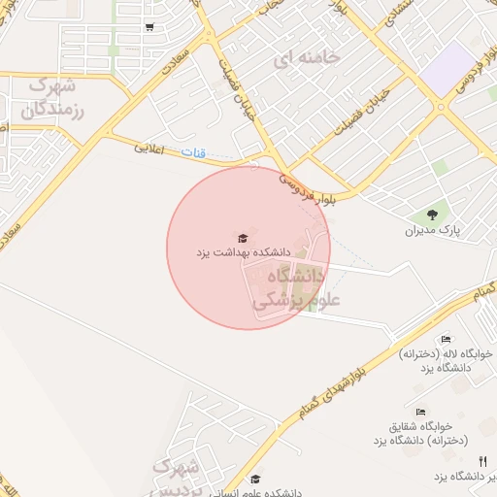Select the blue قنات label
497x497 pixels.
[x=194, y=153]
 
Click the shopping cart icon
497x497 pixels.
[x=149, y=28]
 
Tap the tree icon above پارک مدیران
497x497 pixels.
[x=431, y=215]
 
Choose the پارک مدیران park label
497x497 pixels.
[x=431, y=231]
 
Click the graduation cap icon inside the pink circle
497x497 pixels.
[x=243, y=238]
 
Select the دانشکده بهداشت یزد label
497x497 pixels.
[x=244, y=252]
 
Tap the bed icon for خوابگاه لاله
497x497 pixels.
[x=446, y=339]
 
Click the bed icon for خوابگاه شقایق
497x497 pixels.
[x=420, y=412]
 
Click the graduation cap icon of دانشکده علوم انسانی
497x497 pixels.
[x=255, y=478]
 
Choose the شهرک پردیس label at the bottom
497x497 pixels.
[x=177, y=477]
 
